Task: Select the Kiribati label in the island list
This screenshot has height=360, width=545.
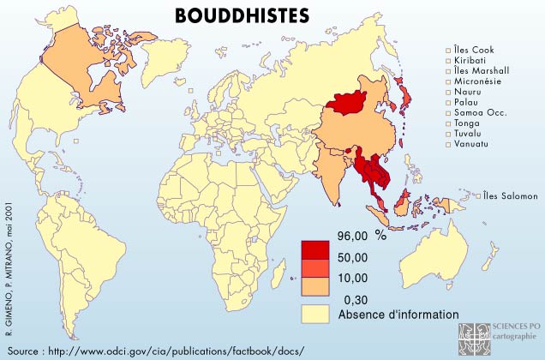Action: [466, 60]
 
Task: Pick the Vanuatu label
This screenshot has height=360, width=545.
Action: [468, 144]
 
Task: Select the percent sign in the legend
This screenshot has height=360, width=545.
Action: [381, 237]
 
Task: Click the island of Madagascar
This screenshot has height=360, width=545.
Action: [278, 275]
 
